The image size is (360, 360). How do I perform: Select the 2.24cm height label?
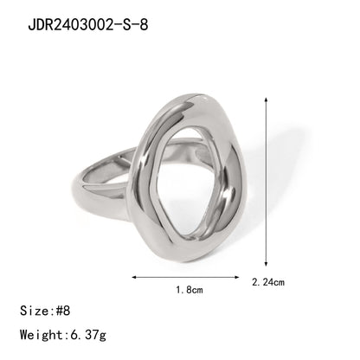pyautogui.click(x=267, y=282)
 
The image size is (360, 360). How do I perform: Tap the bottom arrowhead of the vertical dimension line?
pyautogui.click(x=265, y=266)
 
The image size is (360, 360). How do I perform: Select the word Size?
pyautogui.click(x=35, y=308)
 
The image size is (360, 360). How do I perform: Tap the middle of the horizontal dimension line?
pyautogui.click(x=185, y=277)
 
